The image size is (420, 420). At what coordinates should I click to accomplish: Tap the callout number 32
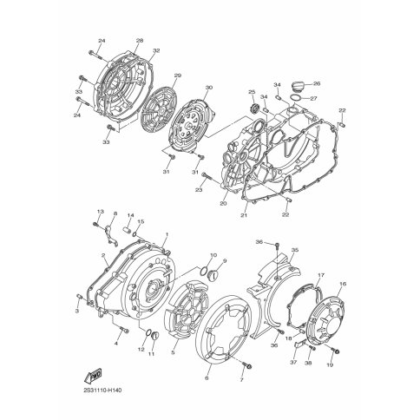coord(156,52)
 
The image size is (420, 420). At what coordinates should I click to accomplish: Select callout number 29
coord(177,77)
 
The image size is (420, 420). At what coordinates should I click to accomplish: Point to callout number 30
coord(208,88)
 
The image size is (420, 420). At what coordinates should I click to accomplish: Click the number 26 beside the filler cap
coord(317,83)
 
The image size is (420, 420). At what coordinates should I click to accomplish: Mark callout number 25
coord(253,93)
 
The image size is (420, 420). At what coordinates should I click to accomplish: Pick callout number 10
coord(213,256)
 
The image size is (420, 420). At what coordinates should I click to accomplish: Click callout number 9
coord(224,260)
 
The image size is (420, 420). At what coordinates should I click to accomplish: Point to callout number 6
coord(207,378)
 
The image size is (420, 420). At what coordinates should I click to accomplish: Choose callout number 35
coord(295,250)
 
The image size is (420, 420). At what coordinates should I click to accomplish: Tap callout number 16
coord(343,284)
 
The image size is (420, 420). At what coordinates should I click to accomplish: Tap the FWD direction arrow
coord(91,376)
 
